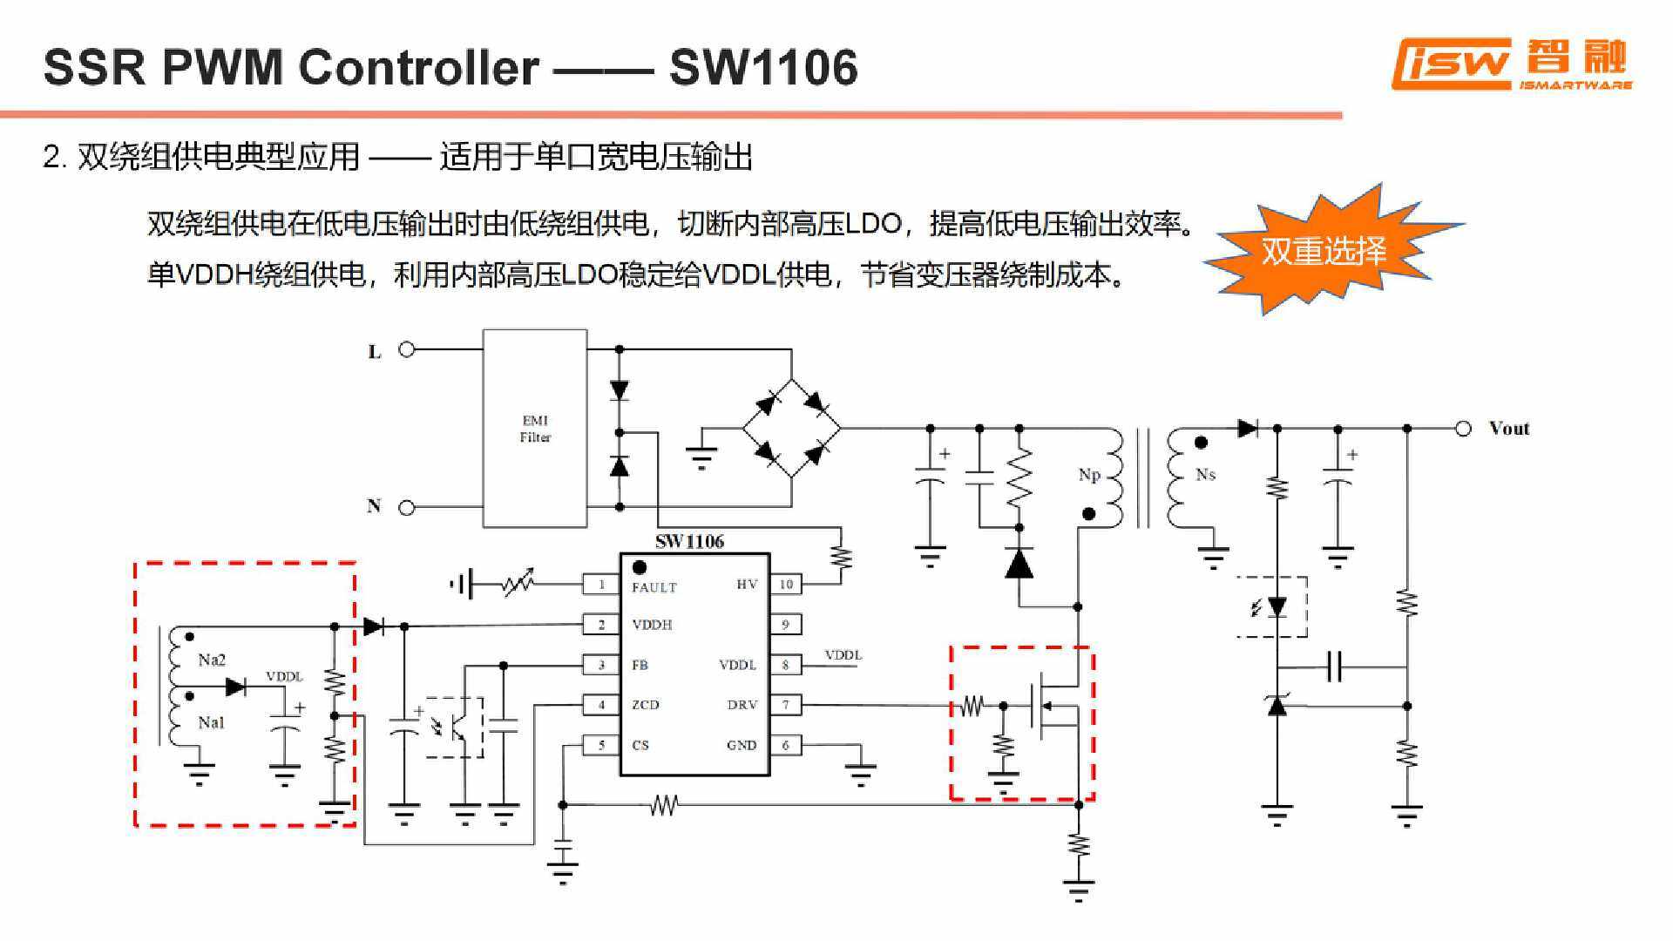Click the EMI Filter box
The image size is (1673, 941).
tap(534, 428)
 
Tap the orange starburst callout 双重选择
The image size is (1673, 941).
tap(1324, 251)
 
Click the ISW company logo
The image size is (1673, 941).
tap(1511, 64)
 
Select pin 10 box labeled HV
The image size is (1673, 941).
tap(786, 585)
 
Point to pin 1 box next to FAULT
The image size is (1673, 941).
tap(600, 585)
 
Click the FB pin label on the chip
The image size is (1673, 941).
tap(640, 665)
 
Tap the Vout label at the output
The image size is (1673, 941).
tap(1509, 428)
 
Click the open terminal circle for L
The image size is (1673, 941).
tap(406, 349)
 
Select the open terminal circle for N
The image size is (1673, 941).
tap(406, 507)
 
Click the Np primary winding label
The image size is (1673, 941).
tap(1089, 475)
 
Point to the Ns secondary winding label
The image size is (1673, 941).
tap(1205, 475)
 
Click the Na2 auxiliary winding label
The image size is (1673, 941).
tap(212, 660)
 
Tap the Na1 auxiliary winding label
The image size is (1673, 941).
tap(212, 722)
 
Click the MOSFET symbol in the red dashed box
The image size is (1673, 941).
tap(1050, 706)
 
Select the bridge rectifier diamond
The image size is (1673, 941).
tap(791, 428)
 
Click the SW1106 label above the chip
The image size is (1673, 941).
tap(689, 541)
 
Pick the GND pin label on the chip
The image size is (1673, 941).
tap(742, 745)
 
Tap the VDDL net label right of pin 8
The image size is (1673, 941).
tap(843, 655)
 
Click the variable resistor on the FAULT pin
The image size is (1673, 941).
tap(519, 584)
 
